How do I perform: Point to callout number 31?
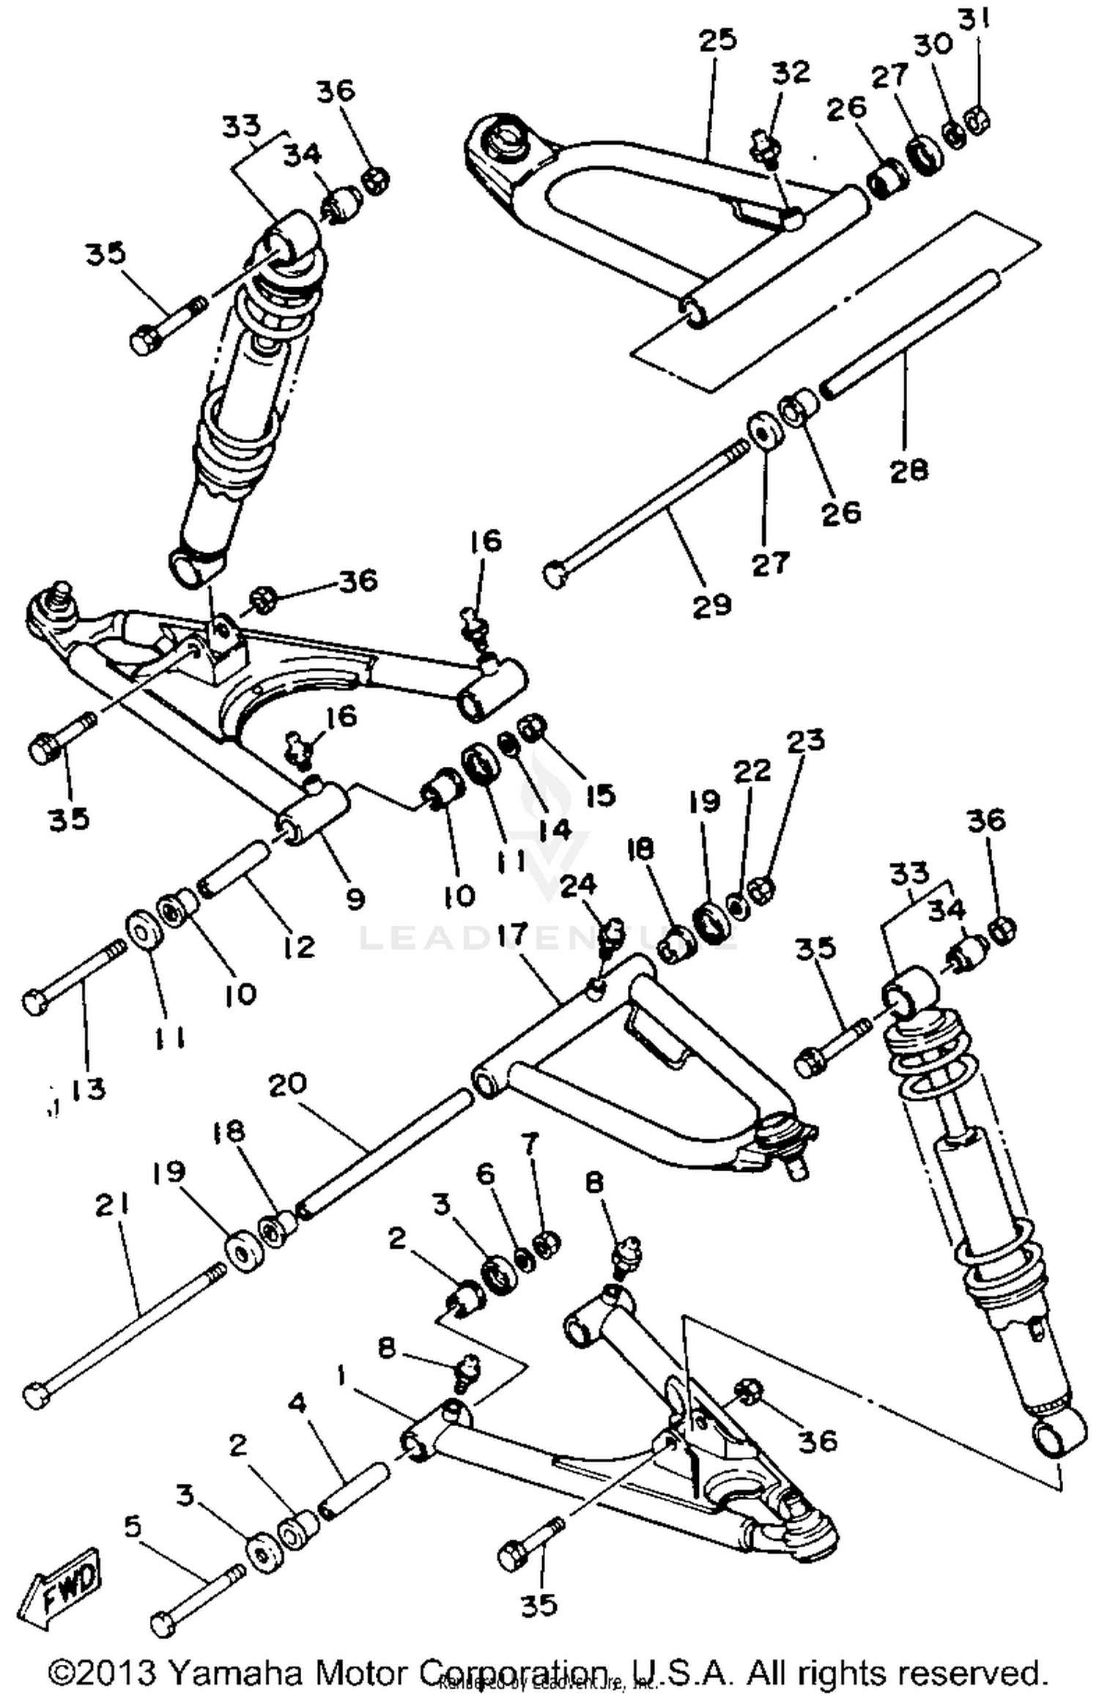pos(974,23)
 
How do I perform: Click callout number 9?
pos(355,898)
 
